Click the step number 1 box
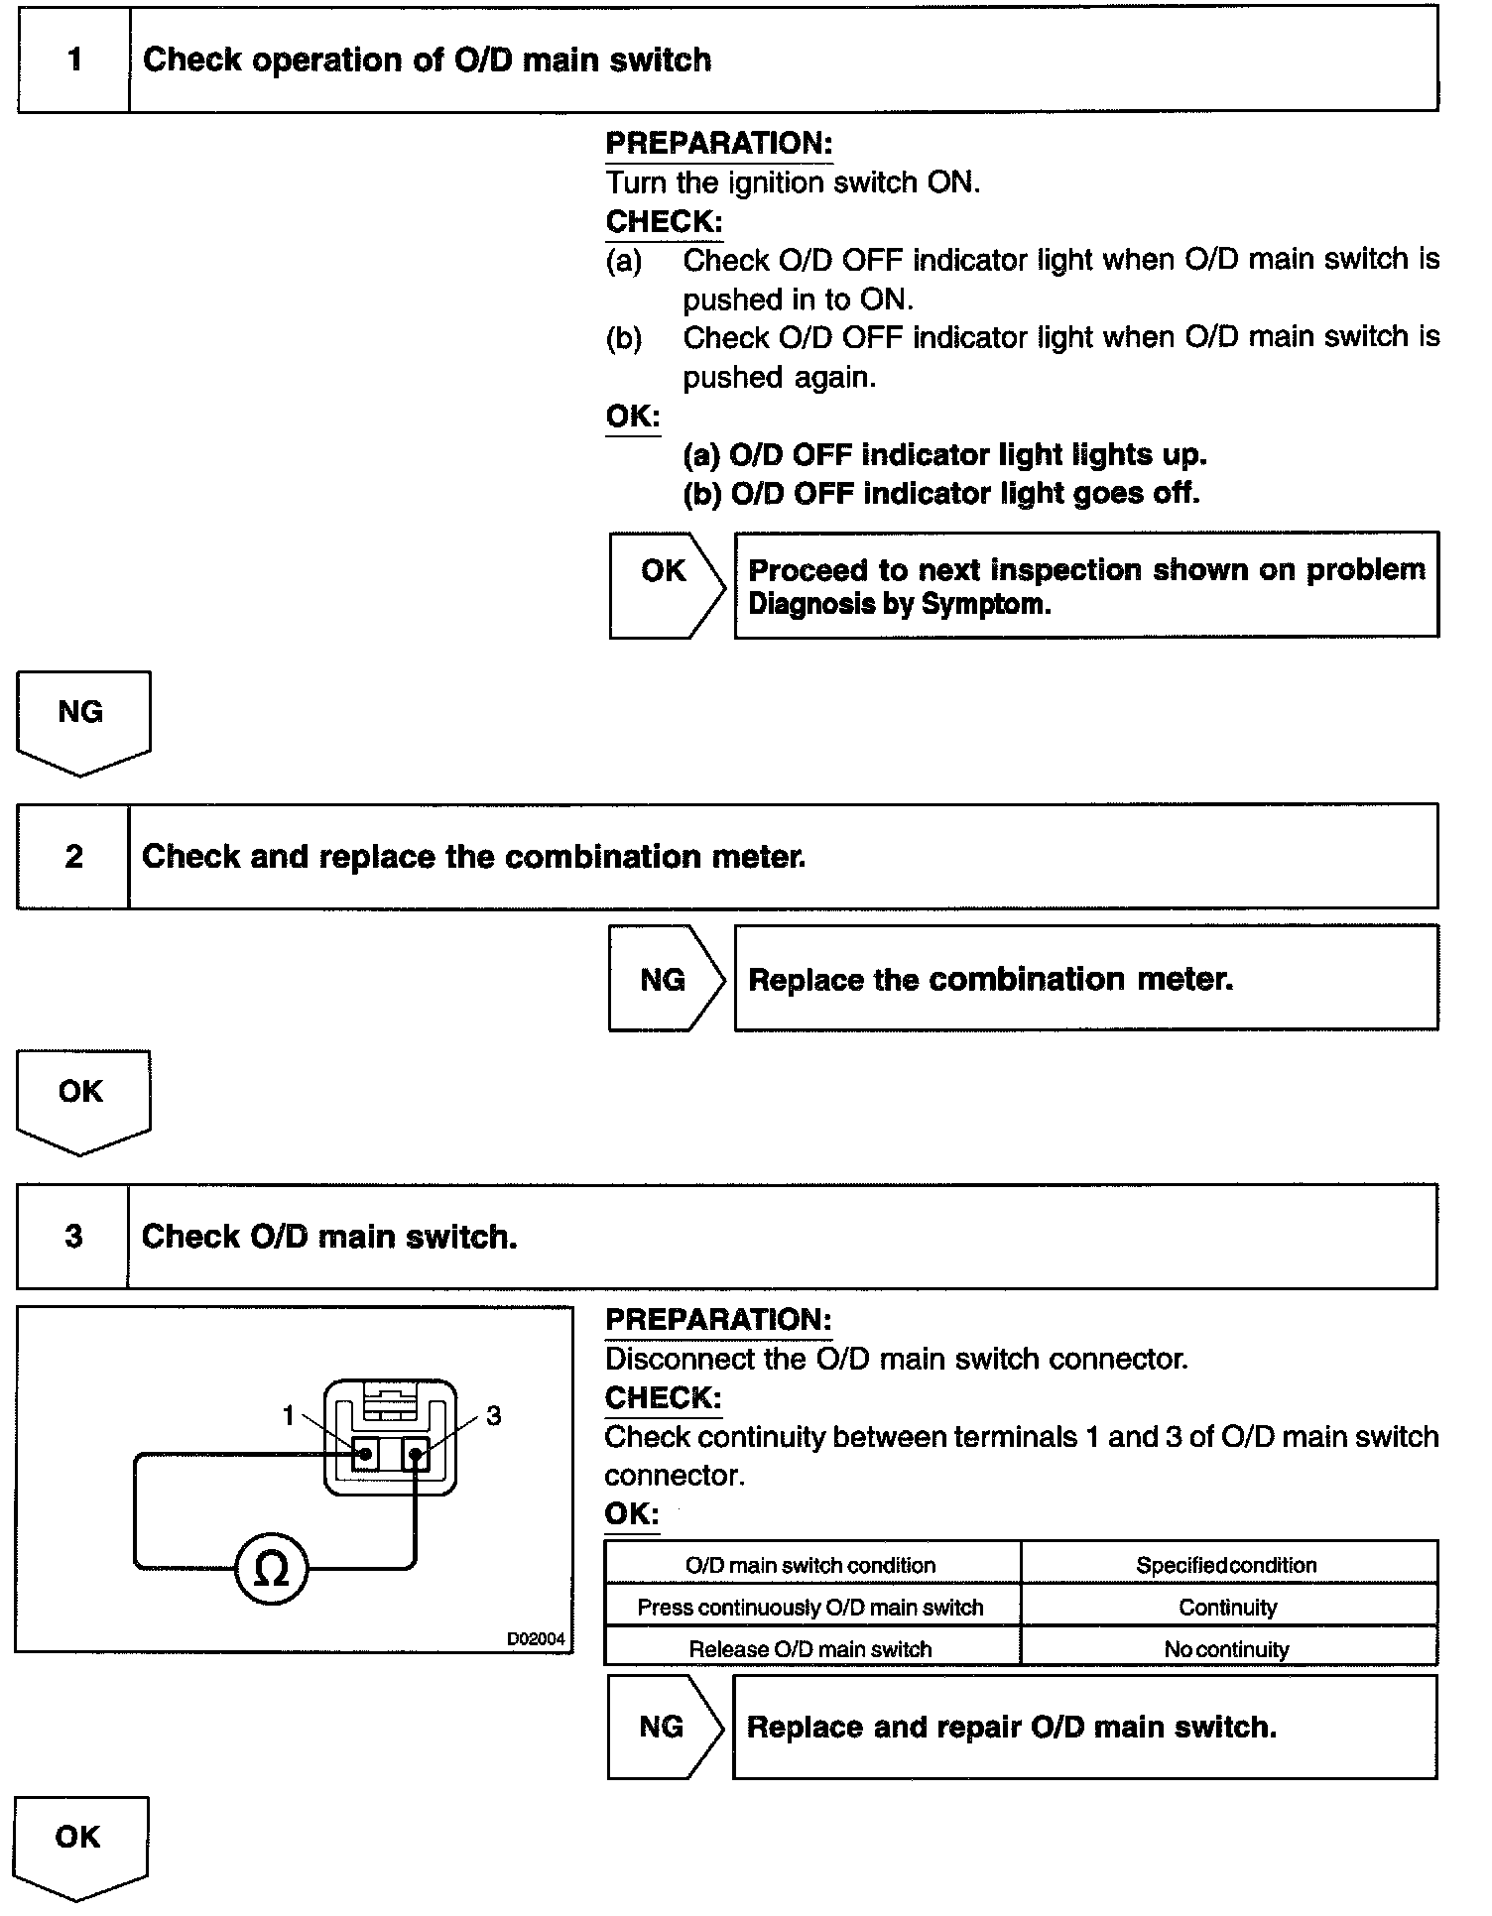74,60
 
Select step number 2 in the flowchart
74,857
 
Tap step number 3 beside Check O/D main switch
73,1237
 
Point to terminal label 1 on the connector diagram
289,1415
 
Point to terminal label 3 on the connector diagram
493,1416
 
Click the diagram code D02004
536,1639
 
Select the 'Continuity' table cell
1228,1608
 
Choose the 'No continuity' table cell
1228,1649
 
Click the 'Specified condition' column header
1227,1565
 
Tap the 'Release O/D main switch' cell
810,1649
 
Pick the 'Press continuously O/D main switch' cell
810,1608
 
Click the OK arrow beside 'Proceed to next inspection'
666,585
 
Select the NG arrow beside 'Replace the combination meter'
665,979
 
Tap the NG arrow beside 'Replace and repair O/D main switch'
664,1727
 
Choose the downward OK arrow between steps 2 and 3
82,1100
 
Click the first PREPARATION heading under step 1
718,144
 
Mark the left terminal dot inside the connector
365,1455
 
